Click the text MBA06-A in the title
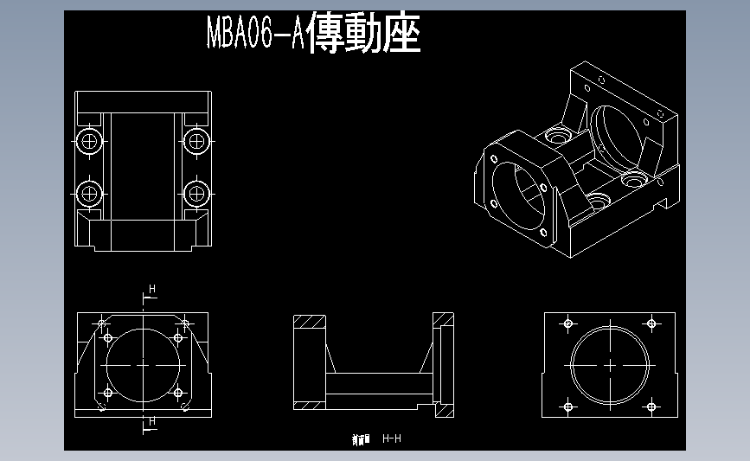click(254, 35)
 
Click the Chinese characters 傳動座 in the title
click(363, 34)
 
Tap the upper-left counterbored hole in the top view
click(89, 140)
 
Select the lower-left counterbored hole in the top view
click(89, 193)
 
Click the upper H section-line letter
click(152, 288)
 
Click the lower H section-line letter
click(152, 421)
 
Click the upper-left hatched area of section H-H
click(309, 323)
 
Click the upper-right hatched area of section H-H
click(444, 321)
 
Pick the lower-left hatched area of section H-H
click(309, 406)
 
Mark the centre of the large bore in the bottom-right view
click(611, 365)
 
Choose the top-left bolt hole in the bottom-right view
click(568, 323)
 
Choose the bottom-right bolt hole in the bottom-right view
click(652, 406)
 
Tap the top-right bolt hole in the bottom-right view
click(652, 323)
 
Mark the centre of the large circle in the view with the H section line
click(143, 365)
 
